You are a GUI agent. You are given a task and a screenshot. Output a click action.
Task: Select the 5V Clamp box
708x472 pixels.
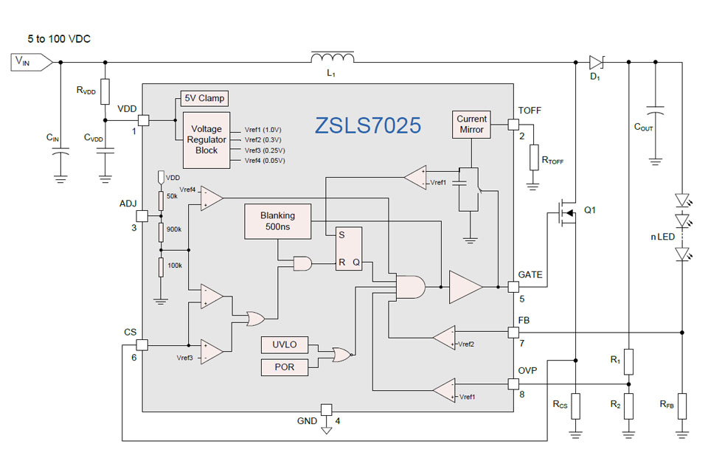(204, 99)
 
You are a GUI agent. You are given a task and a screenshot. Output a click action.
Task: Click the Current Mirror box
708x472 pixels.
(471, 124)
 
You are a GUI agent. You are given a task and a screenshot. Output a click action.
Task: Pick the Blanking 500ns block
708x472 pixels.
(277, 221)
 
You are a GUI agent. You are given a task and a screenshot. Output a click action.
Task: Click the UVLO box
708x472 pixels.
(284, 345)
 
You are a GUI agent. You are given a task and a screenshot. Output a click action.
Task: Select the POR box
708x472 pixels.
(284, 367)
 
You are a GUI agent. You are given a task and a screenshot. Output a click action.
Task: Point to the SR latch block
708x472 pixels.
(350, 249)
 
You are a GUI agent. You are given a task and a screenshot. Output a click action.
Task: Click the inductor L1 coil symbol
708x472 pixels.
(333, 59)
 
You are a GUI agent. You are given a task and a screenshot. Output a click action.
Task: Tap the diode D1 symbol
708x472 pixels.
(597, 62)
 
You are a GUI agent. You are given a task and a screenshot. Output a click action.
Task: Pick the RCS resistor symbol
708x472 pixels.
(575, 406)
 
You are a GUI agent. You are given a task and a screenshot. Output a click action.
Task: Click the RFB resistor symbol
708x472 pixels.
(682, 406)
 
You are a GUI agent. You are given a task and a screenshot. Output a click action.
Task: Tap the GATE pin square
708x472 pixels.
(515, 286)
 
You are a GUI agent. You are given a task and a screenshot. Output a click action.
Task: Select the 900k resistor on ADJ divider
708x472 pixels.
(161, 232)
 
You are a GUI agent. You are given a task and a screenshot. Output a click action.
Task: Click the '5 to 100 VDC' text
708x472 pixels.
(60, 39)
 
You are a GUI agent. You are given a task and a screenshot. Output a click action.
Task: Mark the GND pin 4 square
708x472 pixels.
(325, 409)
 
